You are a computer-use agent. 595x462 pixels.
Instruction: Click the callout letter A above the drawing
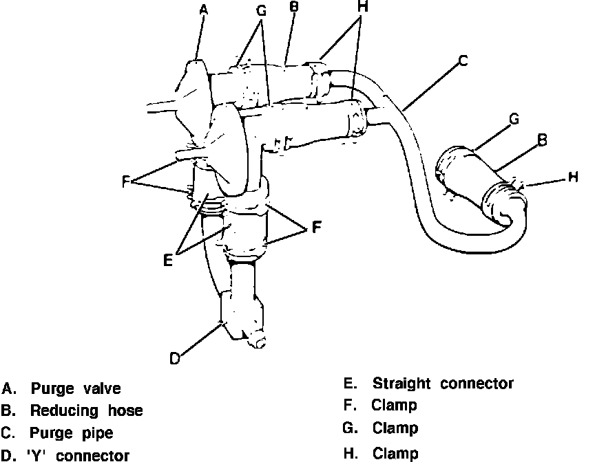point(203,10)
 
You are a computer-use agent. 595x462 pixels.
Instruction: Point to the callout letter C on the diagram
point(463,61)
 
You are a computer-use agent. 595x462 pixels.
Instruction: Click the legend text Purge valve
point(76,389)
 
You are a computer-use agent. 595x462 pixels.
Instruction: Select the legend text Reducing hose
point(87,411)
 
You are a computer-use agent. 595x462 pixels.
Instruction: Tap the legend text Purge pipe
point(72,433)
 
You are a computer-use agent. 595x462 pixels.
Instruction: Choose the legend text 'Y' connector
point(81,454)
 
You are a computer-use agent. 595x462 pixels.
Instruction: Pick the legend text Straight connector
point(443,383)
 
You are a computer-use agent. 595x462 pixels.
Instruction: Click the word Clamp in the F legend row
point(394,406)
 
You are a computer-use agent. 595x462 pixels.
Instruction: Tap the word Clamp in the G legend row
point(395,428)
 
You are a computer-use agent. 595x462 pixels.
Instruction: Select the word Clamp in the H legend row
point(395,453)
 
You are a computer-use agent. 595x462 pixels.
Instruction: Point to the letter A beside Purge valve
point(8,389)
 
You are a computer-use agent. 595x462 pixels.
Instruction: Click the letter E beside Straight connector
point(348,383)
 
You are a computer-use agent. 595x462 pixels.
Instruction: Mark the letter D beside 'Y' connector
point(8,454)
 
